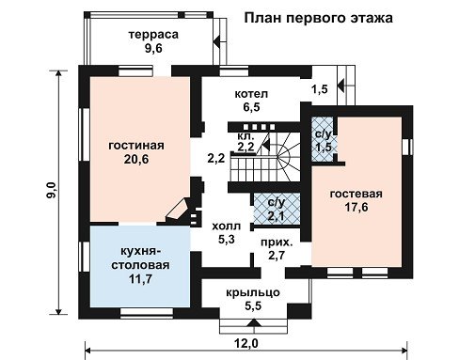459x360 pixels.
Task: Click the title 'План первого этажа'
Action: [318, 18]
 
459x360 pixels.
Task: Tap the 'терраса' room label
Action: [153, 35]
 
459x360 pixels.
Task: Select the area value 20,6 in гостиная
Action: [136, 160]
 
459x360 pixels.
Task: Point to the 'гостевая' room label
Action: [356, 194]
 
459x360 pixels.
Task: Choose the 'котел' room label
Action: [251, 94]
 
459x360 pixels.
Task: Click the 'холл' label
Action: [227, 226]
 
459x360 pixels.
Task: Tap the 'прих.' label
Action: [277, 243]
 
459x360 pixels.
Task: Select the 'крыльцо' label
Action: [253, 292]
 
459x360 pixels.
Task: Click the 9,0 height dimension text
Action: [51, 190]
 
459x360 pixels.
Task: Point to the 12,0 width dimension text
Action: [246, 344]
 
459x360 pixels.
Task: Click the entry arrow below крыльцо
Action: [253, 323]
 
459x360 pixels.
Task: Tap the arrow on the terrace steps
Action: [217, 41]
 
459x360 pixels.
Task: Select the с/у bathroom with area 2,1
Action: [277, 209]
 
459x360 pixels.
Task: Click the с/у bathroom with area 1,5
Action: [323, 139]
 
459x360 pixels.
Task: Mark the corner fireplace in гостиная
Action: [178, 209]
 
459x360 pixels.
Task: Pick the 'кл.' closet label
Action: [245, 136]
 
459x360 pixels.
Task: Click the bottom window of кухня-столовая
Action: [147, 312]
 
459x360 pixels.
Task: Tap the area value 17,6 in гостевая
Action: [356, 207]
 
